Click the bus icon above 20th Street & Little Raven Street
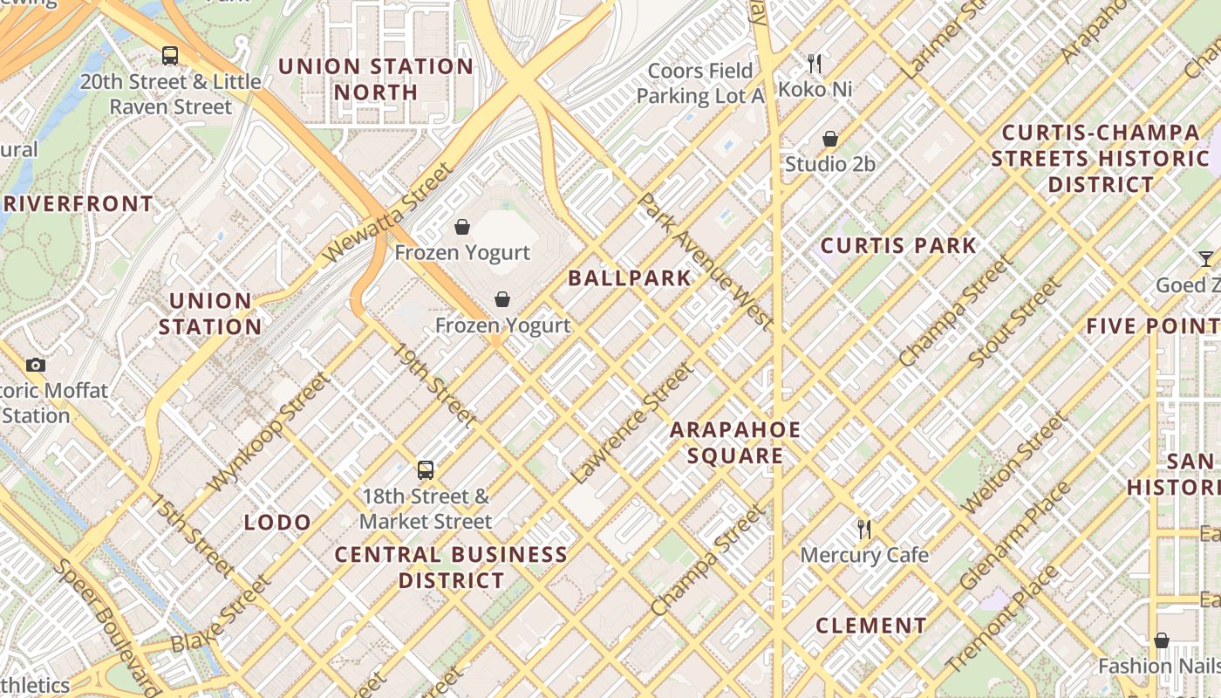(170, 56)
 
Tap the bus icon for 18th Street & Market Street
(426, 470)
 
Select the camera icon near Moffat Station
(36, 365)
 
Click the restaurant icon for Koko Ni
(815, 63)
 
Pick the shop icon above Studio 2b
(830, 139)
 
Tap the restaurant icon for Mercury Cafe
(864, 529)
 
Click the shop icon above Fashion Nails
(1161, 640)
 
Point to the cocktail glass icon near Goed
(1205, 259)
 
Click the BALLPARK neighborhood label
(629, 278)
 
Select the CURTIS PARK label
(898, 246)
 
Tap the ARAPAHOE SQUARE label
(734, 442)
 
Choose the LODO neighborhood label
(277, 523)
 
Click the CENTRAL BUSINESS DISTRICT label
(451, 567)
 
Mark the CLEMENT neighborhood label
(870, 626)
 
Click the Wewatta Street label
(389, 212)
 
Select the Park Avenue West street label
(706, 262)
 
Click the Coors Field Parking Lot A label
(700, 83)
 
